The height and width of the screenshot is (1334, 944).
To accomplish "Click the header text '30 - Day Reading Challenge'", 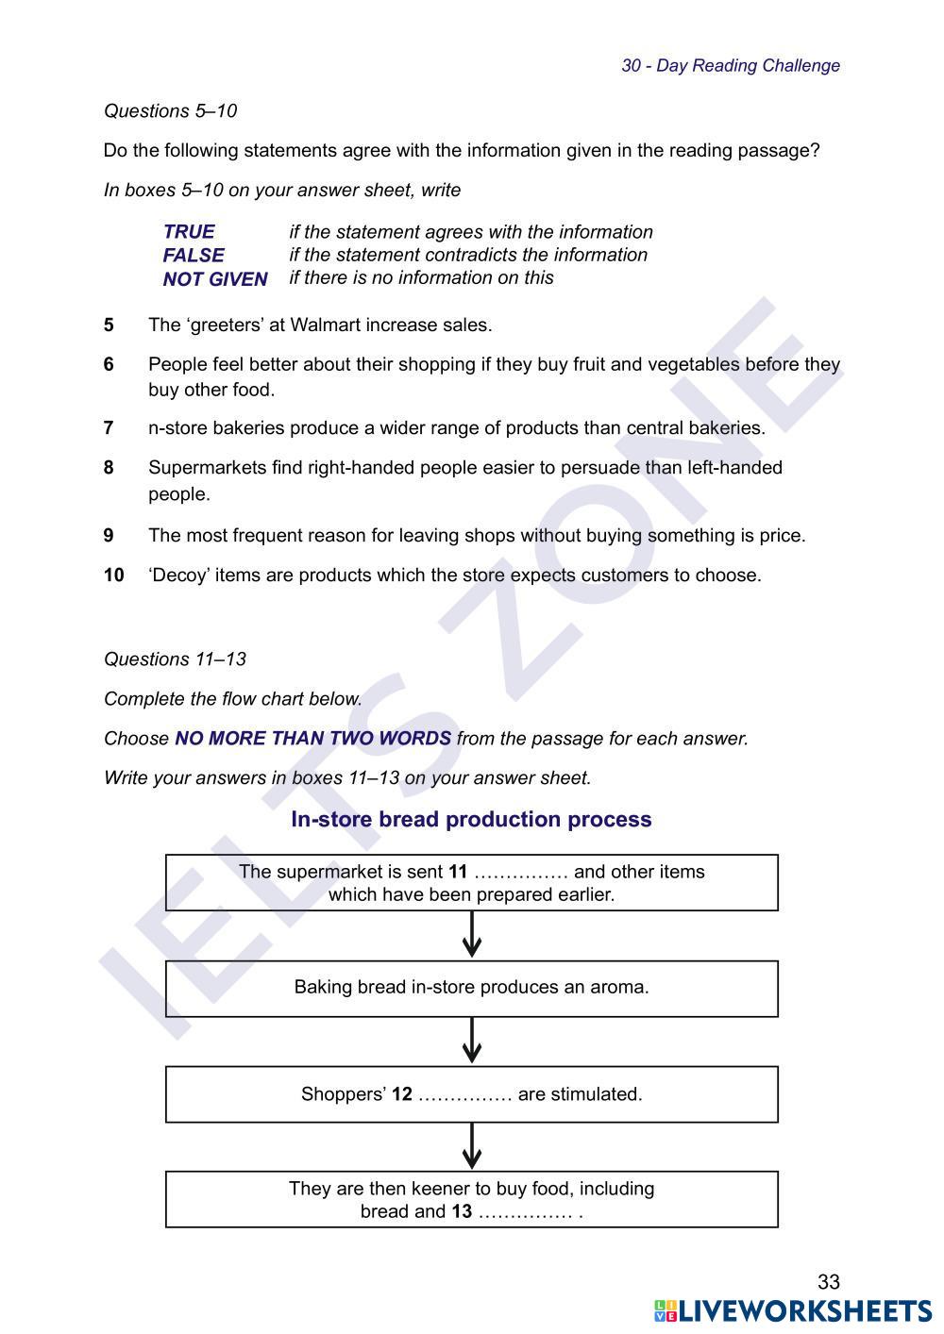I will tap(730, 66).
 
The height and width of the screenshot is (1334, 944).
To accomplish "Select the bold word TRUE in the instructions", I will tap(189, 232).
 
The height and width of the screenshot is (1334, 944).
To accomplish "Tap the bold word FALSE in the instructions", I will tap(194, 256).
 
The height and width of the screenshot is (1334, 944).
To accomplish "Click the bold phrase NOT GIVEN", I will tap(215, 279).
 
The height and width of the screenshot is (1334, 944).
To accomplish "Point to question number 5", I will tap(109, 325).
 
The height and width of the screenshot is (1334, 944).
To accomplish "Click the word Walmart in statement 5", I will tap(325, 325).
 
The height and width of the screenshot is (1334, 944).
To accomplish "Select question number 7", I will tap(109, 428).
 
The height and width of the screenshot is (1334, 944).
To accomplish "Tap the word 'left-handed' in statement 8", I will tap(735, 468).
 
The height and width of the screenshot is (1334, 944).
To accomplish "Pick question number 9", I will tap(109, 536).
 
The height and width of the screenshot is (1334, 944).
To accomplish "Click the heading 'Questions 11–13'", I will tap(175, 659).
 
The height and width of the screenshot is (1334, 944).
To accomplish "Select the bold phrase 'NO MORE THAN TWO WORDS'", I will tap(312, 739).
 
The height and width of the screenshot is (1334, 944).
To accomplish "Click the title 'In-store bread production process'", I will tap(471, 820).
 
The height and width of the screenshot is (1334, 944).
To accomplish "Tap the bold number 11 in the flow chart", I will tap(458, 872).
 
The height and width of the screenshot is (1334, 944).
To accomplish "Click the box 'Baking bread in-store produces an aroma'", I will tap(471, 988).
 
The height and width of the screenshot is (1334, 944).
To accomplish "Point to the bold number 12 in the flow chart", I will tap(402, 1094).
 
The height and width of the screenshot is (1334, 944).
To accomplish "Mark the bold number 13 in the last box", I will tap(462, 1211).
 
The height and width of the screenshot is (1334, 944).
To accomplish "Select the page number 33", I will tap(828, 1282).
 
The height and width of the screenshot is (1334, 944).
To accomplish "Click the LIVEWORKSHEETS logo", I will tap(793, 1311).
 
